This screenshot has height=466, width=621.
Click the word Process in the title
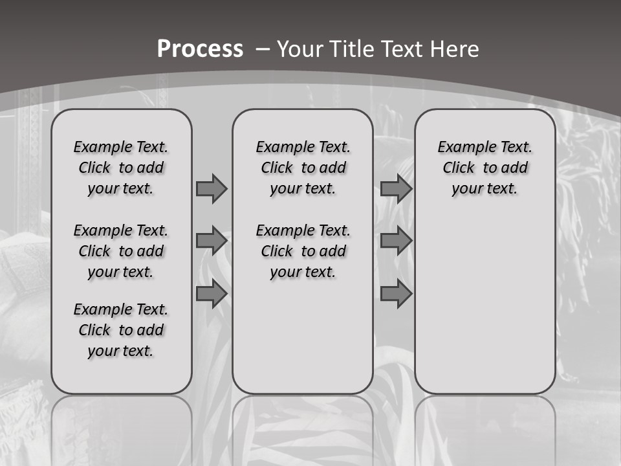[200, 49]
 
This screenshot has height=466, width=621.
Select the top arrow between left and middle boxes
[212, 188]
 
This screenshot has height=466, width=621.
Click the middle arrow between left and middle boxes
[212, 241]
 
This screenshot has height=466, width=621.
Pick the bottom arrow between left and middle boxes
[212, 294]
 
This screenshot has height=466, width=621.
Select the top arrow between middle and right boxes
[396, 188]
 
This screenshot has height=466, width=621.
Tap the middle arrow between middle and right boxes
[396, 241]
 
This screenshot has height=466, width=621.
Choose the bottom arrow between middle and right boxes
[396, 294]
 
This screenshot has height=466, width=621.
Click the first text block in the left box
[121, 168]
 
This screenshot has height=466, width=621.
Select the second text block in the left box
[121, 251]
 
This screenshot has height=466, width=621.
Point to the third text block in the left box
[121, 330]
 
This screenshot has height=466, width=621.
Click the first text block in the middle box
[303, 168]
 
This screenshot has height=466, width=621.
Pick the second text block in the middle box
[303, 251]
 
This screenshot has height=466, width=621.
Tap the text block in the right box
[485, 168]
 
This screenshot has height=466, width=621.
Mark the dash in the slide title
[263, 49]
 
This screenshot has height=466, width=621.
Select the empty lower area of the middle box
[303, 337]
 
